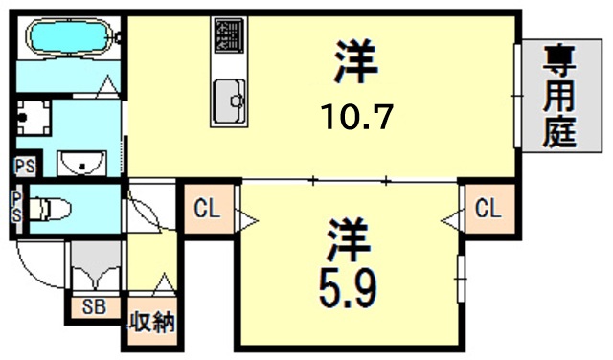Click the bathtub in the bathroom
[70, 39]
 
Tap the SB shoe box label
[93, 308]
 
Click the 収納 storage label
[151, 323]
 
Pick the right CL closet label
[486, 208]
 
